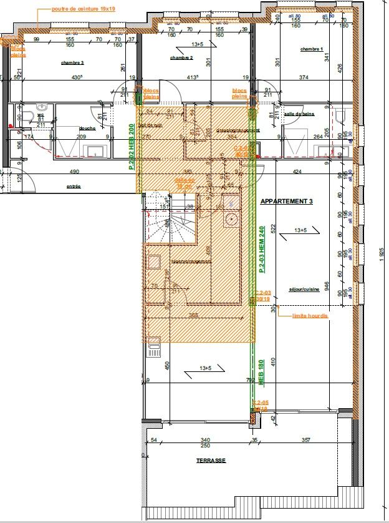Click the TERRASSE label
210,461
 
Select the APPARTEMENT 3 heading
286,202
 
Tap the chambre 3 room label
72,63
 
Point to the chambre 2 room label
181,58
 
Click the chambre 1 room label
311,49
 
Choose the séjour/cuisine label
304,290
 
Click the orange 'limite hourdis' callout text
310,316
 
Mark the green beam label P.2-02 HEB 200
132,147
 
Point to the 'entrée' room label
74,186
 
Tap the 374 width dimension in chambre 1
304,78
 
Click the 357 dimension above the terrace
305,441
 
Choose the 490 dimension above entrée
74,172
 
